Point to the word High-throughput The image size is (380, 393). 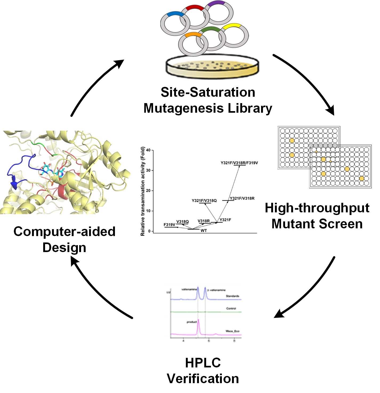tap(317, 208)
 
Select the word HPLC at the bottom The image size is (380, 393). tap(203, 363)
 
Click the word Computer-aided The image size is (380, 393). tap(64, 231)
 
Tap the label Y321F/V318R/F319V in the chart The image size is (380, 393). tap(239, 163)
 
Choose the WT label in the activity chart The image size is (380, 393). tap(203, 231)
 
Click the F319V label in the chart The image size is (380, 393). tap(169, 225)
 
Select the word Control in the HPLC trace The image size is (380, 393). tap(231, 308)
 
